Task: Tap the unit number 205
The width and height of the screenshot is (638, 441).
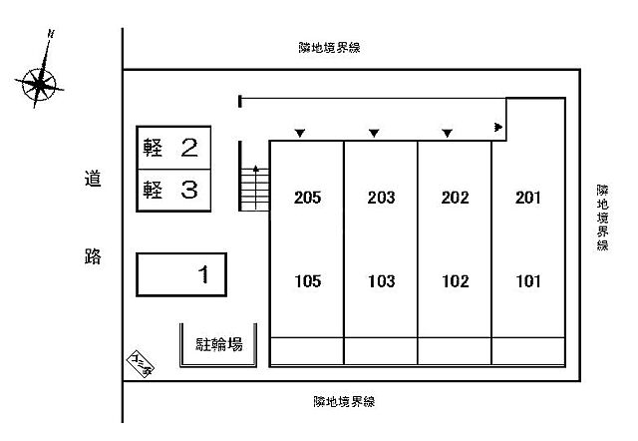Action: (308, 198)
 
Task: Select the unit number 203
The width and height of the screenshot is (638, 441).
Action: (381, 198)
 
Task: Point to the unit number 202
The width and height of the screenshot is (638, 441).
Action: (455, 198)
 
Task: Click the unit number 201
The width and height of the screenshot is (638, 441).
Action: (528, 198)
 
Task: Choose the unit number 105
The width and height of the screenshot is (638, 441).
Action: (308, 281)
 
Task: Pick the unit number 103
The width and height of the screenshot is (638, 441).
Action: (381, 281)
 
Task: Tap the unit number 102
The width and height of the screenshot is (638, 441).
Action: (455, 281)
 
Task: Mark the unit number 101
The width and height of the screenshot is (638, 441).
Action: (528, 281)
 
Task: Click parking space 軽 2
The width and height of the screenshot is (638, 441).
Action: (173, 149)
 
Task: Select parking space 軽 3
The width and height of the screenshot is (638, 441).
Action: (173, 190)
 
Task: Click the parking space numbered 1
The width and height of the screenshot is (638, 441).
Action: (181, 273)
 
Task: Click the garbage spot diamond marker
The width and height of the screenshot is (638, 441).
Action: (139, 365)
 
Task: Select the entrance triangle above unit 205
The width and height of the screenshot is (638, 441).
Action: (299, 133)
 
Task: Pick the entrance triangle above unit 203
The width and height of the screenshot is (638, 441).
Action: (374, 133)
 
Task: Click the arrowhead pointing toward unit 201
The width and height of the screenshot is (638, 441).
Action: (497, 127)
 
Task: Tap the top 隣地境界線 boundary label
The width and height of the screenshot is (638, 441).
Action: (328, 47)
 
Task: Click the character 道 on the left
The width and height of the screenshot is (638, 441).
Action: (93, 180)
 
